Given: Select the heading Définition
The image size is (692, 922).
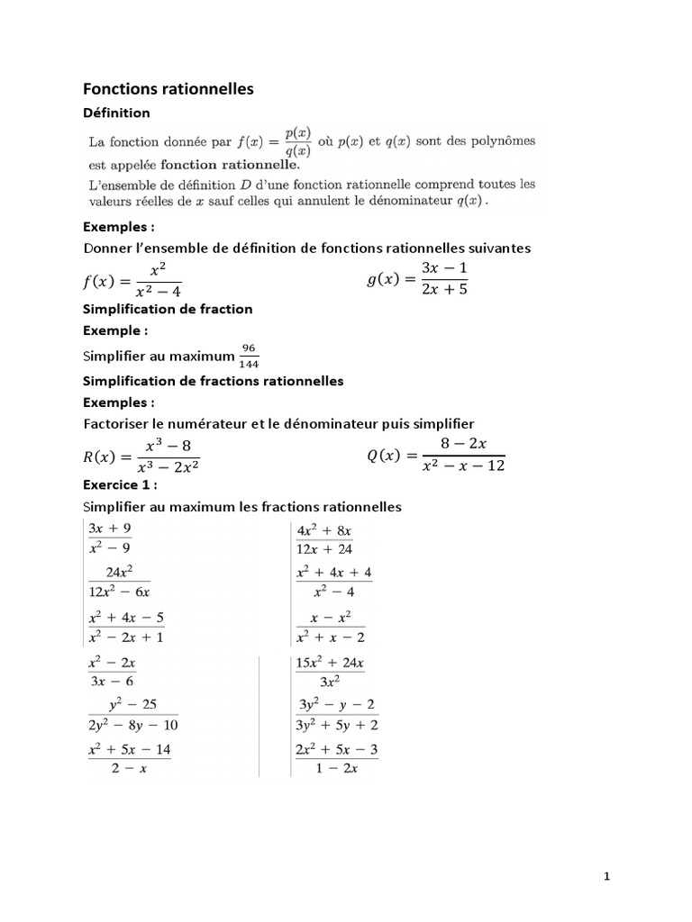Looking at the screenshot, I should pyautogui.click(x=116, y=113).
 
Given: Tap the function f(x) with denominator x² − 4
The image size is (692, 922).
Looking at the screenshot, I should pyautogui.click(x=132, y=281).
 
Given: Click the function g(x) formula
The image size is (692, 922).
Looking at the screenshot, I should pyautogui.click(x=417, y=279).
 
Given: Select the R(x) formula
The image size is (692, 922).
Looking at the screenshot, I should pyautogui.click(x=141, y=456).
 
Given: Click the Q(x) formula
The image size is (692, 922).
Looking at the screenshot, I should pyautogui.click(x=436, y=456).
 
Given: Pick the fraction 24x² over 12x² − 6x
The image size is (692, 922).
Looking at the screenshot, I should pyautogui.click(x=118, y=582).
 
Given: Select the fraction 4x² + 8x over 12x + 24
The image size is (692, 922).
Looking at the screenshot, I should pyautogui.click(x=324, y=538).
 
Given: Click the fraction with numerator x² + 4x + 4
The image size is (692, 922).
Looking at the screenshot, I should pyautogui.click(x=333, y=582).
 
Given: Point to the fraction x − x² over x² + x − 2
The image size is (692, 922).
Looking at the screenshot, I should pyautogui.click(x=331, y=628).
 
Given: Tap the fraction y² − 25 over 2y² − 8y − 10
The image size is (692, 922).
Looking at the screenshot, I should pyautogui.click(x=132, y=715).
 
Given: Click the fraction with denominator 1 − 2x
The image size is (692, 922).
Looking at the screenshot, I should pyautogui.click(x=336, y=758).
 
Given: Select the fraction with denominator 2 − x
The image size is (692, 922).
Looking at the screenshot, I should pyautogui.click(x=129, y=758).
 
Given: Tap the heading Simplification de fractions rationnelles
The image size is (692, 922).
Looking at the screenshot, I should pyautogui.click(x=213, y=381).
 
